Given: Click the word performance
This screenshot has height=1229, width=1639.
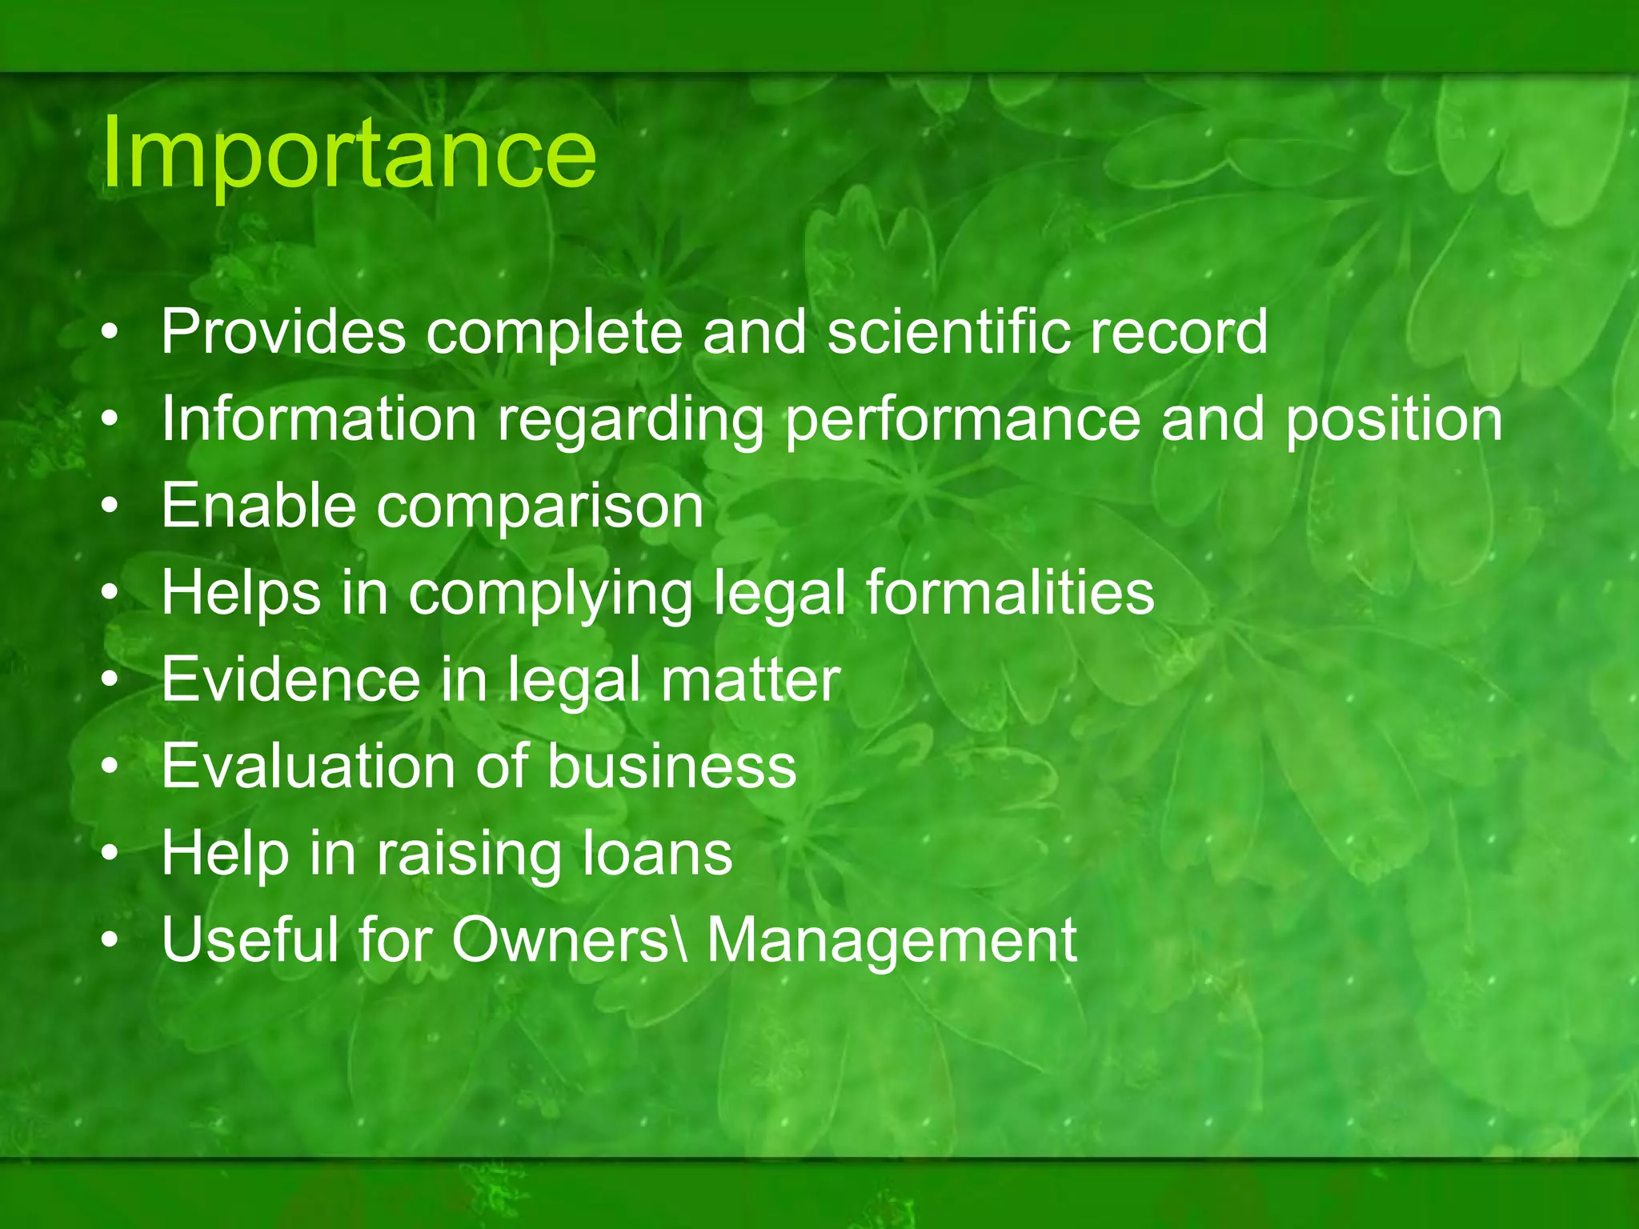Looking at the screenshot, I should (962, 420).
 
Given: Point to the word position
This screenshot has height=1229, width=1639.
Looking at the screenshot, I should (1394, 420).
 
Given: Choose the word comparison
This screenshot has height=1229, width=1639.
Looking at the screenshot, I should (540, 507).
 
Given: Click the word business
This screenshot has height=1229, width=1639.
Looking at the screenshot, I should (672, 766).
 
